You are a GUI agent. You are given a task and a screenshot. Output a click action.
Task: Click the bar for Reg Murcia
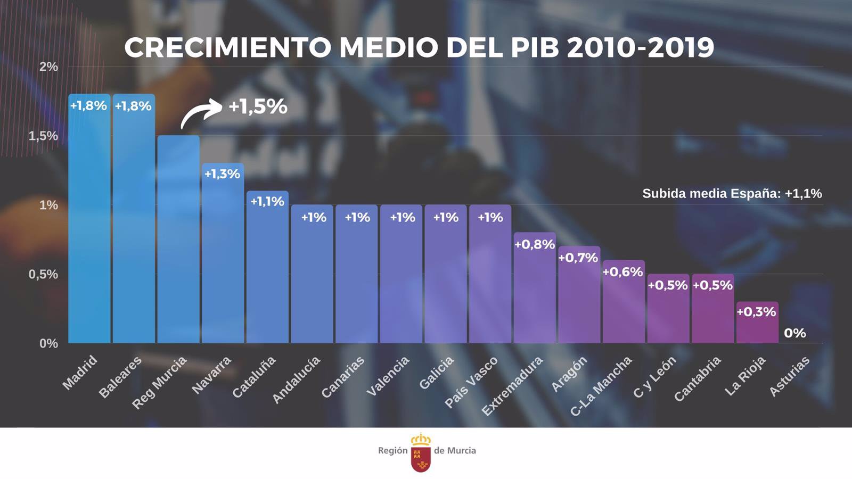tap(178, 240)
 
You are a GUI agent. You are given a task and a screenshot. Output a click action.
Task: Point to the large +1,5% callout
tap(258, 106)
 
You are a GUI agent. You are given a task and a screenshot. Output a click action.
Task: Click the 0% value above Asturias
tap(794, 333)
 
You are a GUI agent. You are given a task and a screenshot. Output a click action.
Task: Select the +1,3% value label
tap(223, 174)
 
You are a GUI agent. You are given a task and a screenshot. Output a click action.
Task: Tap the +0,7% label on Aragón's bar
tap(578, 258)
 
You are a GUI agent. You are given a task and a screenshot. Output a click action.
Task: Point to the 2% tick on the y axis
tap(48, 67)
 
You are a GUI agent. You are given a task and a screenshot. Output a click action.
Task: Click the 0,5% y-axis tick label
tap(43, 274)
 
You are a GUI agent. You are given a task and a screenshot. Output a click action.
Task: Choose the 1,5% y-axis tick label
tap(43, 136)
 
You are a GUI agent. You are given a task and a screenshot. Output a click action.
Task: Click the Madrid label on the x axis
tap(80, 372)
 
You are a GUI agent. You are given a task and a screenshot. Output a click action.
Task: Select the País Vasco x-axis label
tap(471, 382)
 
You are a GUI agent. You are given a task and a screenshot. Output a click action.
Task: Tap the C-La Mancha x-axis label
tap(601, 386)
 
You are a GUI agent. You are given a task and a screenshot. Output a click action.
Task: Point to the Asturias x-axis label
tap(789, 376)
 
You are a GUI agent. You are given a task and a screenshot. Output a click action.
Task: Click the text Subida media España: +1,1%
tap(732, 193)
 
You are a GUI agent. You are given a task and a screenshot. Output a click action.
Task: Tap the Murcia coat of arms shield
tap(421, 457)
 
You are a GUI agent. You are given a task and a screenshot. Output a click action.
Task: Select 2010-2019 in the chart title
tap(640, 48)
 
